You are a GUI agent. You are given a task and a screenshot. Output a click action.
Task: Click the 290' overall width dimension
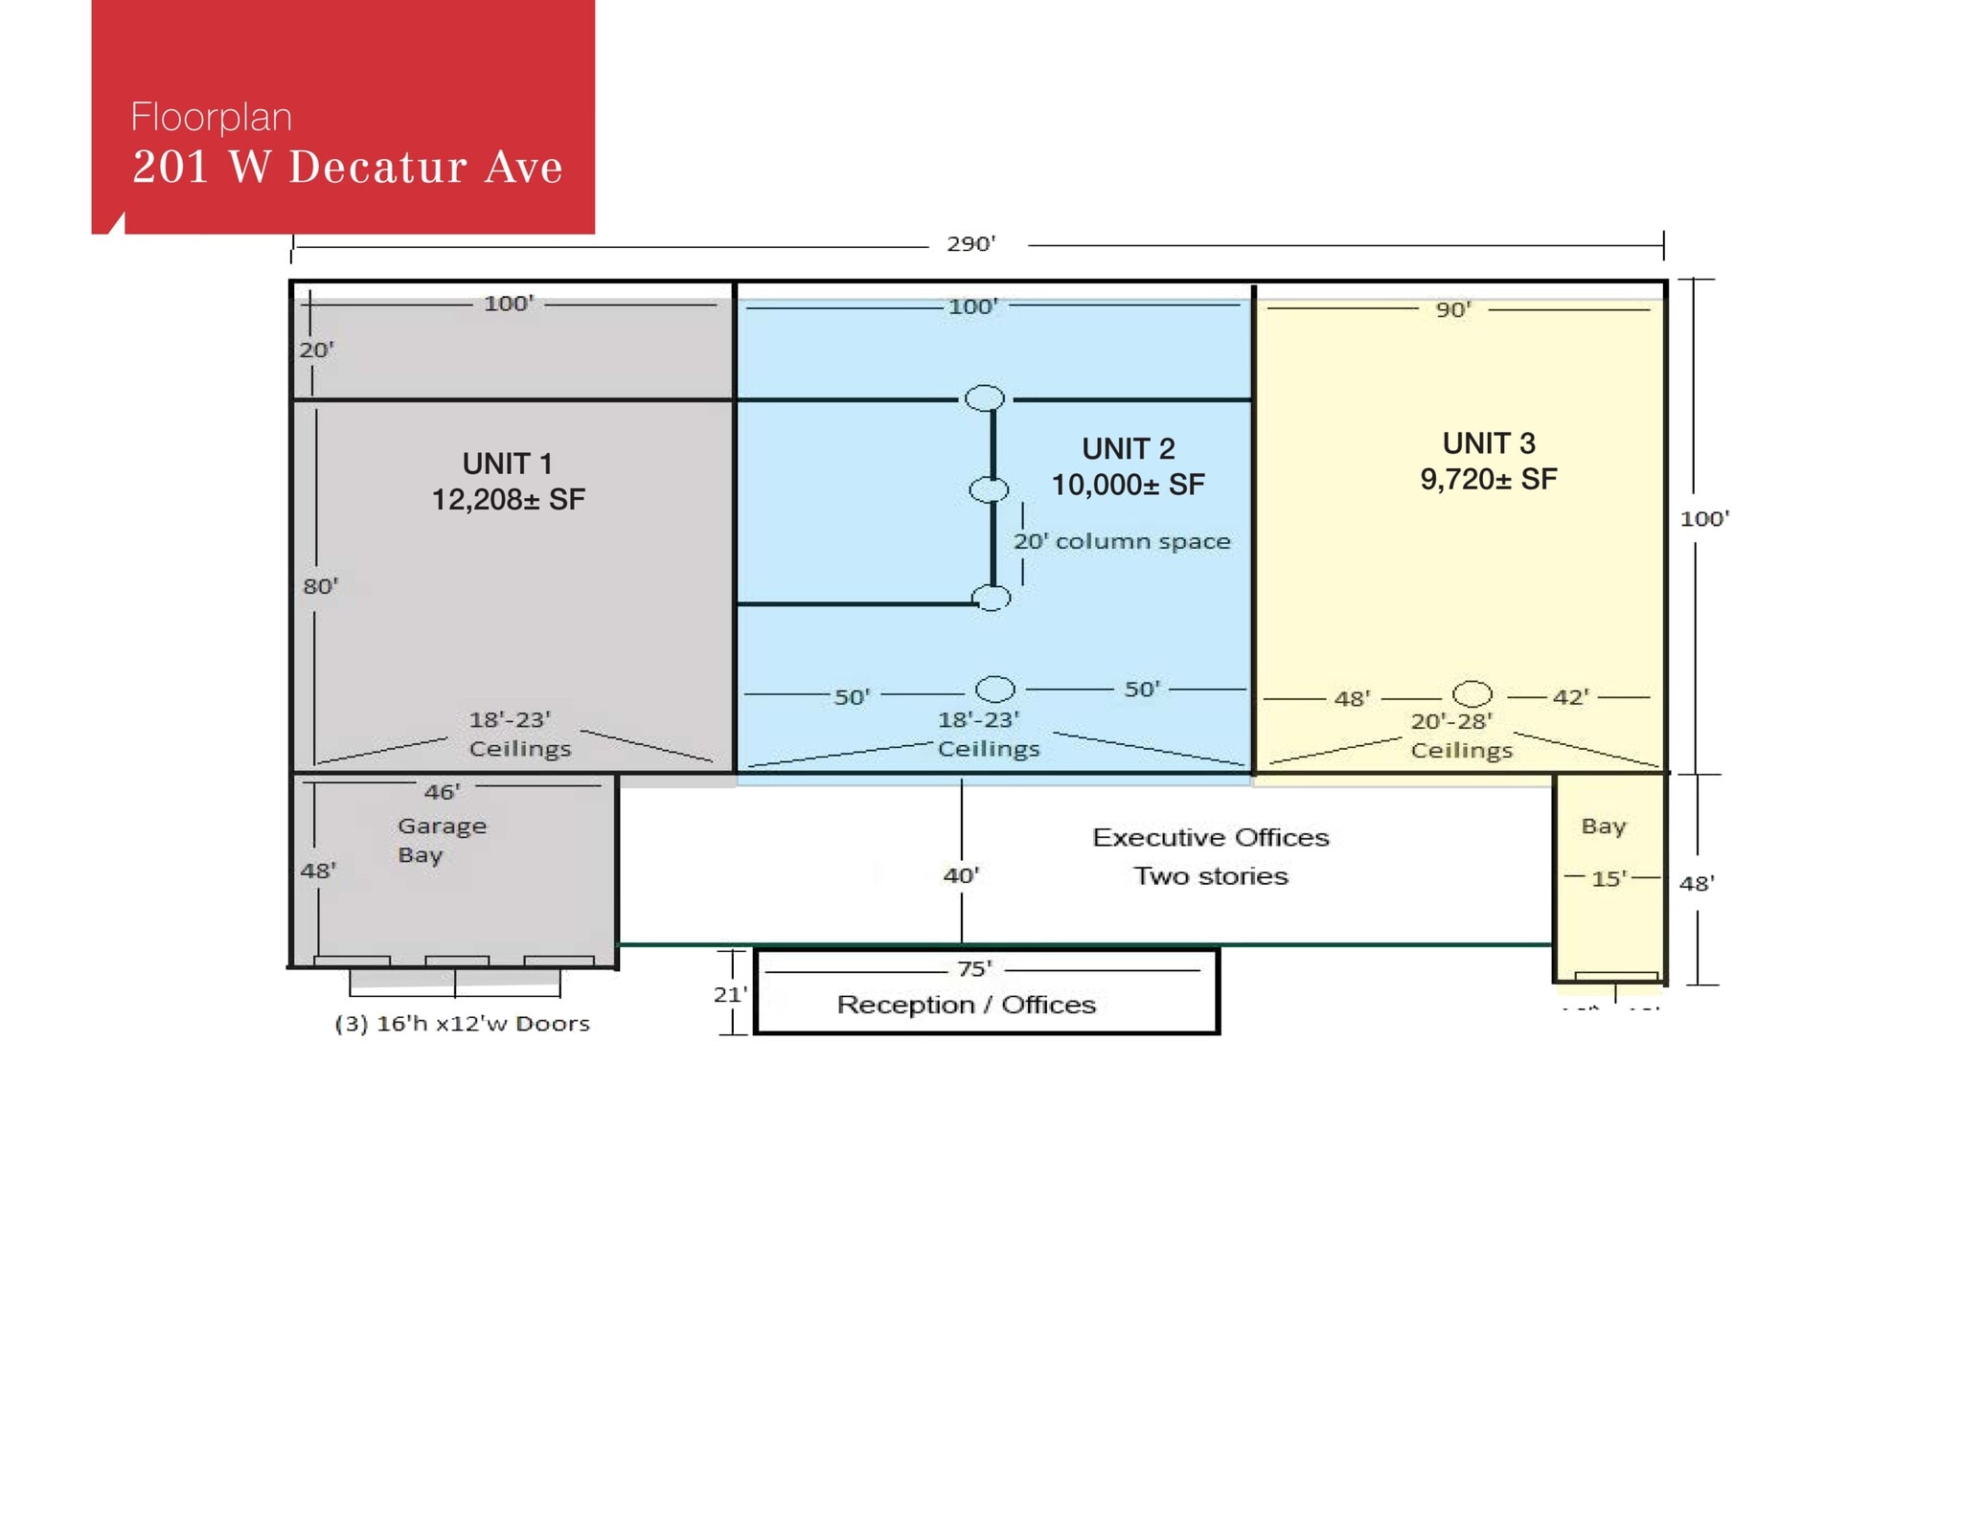coord(970,243)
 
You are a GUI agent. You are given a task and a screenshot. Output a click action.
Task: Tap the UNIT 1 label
coord(507,464)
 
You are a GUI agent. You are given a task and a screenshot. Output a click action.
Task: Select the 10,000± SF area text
coord(1128,485)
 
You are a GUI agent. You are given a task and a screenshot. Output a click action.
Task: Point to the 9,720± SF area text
coord(1488,479)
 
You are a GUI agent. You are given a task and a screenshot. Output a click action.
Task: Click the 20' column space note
coord(1122,541)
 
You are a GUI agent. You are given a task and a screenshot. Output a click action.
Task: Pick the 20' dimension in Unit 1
coord(316,350)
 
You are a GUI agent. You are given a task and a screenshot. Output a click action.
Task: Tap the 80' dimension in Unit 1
coord(320,585)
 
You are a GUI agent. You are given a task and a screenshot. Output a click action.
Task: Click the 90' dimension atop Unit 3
coord(1453,309)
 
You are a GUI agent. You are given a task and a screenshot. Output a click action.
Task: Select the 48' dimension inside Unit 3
coord(1352,698)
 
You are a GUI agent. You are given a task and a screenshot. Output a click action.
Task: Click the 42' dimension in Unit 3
coord(1570,696)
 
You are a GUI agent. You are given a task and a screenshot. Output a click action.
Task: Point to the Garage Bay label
coord(442,840)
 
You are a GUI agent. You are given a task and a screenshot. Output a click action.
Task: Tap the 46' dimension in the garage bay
coord(442,792)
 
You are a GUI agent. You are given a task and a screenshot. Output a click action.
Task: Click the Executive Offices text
coord(1211,837)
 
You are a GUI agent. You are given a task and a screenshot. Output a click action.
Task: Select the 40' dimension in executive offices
coord(961,874)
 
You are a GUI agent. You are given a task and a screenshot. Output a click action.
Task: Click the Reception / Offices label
coord(966,1004)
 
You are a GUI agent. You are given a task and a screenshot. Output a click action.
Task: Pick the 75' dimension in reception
coord(974,968)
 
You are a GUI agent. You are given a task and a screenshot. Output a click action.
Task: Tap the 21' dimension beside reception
coord(729,994)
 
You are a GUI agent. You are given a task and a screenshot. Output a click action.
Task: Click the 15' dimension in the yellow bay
coord(1608,878)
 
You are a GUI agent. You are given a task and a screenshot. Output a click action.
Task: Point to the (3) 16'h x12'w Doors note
coord(462,1023)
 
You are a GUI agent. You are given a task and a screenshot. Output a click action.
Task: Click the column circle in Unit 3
coord(1471,693)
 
